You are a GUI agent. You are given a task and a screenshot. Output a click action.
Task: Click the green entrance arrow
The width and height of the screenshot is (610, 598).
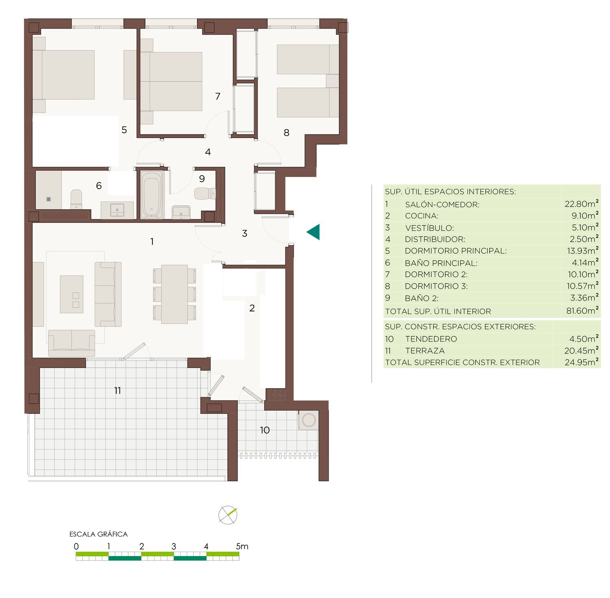tap(314, 232)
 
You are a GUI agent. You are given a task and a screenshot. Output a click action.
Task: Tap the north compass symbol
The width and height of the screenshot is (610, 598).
tap(228, 515)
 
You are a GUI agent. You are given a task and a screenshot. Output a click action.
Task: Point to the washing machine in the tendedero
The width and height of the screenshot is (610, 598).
tap(308, 420)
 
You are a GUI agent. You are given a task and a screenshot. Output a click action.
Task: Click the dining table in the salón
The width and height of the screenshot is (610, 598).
tap(174, 294)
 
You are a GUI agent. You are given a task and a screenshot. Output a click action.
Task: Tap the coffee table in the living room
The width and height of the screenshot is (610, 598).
tap(72, 294)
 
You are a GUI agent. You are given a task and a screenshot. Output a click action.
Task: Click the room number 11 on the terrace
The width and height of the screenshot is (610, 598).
tap(118, 391)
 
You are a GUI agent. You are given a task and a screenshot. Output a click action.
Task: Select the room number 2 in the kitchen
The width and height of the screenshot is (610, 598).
tap(252, 308)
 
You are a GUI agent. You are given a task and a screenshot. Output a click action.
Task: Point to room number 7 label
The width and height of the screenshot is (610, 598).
tap(218, 96)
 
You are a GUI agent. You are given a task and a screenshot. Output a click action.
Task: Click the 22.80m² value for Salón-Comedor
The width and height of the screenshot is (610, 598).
tap(581, 204)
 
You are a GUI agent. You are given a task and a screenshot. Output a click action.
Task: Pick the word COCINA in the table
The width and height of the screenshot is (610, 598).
tap(421, 216)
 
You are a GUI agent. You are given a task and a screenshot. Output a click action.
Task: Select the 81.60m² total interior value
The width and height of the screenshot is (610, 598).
tap(582, 311)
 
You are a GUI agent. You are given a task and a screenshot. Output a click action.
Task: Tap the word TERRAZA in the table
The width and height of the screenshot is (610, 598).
tap(425, 351)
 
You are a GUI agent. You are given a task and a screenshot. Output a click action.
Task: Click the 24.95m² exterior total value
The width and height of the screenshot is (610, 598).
tap(582, 362)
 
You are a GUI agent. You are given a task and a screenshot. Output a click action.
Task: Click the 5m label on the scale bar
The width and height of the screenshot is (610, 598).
tap(242, 546)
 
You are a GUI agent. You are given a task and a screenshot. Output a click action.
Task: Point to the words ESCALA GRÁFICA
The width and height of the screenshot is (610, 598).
tap(98, 534)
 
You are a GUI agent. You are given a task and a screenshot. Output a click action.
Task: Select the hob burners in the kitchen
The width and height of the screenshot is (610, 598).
tap(276, 395)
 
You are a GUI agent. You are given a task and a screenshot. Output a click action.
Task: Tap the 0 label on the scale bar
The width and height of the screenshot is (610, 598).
tap(76, 546)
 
